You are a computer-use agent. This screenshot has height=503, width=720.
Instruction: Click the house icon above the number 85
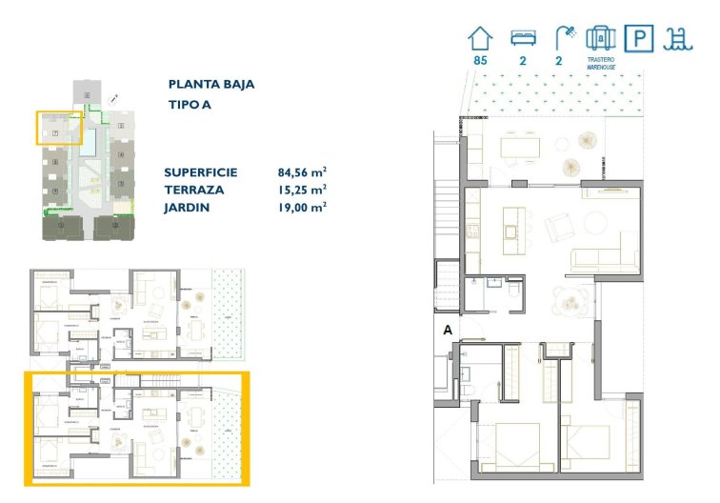click(x=481, y=38)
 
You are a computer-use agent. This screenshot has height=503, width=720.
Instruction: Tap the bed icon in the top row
click(x=523, y=38)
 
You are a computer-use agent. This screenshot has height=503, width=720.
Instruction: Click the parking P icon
click(x=638, y=38)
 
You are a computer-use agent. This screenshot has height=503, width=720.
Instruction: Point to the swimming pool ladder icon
click(x=678, y=38)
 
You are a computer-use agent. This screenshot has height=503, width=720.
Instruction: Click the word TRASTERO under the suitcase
click(x=601, y=59)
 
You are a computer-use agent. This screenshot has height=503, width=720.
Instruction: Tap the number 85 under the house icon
click(x=481, y=61)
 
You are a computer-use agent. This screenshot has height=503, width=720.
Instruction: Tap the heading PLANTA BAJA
click(x=210, y=84)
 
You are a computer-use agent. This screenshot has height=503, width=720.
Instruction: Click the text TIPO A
click(x=190, y=105)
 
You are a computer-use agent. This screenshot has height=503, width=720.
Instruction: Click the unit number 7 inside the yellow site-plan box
click(x=56, y=132)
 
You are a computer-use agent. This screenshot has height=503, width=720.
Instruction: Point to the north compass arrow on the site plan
click(x=113, y=97)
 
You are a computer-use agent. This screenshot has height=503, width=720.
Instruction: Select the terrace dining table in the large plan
click(x=520, y=146)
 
